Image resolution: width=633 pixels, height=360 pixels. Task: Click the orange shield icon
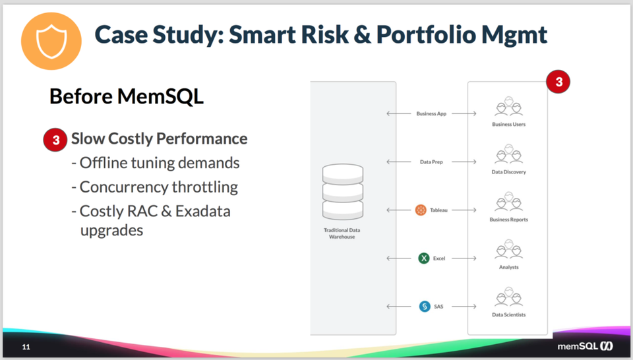[x=51, y=40]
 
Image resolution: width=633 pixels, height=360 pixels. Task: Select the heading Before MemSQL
[x=126, y=97]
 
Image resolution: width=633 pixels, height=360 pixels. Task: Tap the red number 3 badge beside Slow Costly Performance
[x=55, y=140]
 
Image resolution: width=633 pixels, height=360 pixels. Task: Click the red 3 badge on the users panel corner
[x=558, y=82]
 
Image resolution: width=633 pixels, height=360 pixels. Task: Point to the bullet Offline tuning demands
[x=155, y=163]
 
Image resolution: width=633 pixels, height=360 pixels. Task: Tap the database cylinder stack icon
[x=342, y=193]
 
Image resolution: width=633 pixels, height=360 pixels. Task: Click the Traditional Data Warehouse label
[x=342, y=233]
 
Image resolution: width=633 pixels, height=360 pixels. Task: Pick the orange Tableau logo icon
[x=421, y=210]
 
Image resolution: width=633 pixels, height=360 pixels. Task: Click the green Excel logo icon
[x=424, y=258]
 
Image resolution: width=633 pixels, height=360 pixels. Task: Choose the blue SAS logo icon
[x=425, y=307]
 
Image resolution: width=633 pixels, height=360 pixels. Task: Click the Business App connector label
[x=431, y=113]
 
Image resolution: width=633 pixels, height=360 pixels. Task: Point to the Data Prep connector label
[x=431, y=162]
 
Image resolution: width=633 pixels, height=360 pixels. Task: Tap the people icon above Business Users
[x=508, y=107]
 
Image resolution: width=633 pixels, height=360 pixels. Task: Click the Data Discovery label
[x=508, y=172]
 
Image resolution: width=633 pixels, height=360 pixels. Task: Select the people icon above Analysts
[x=508, y=250]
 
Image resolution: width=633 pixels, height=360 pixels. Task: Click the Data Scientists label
[x=508, y=315]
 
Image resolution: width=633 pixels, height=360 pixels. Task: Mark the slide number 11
[x=26, y=347]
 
